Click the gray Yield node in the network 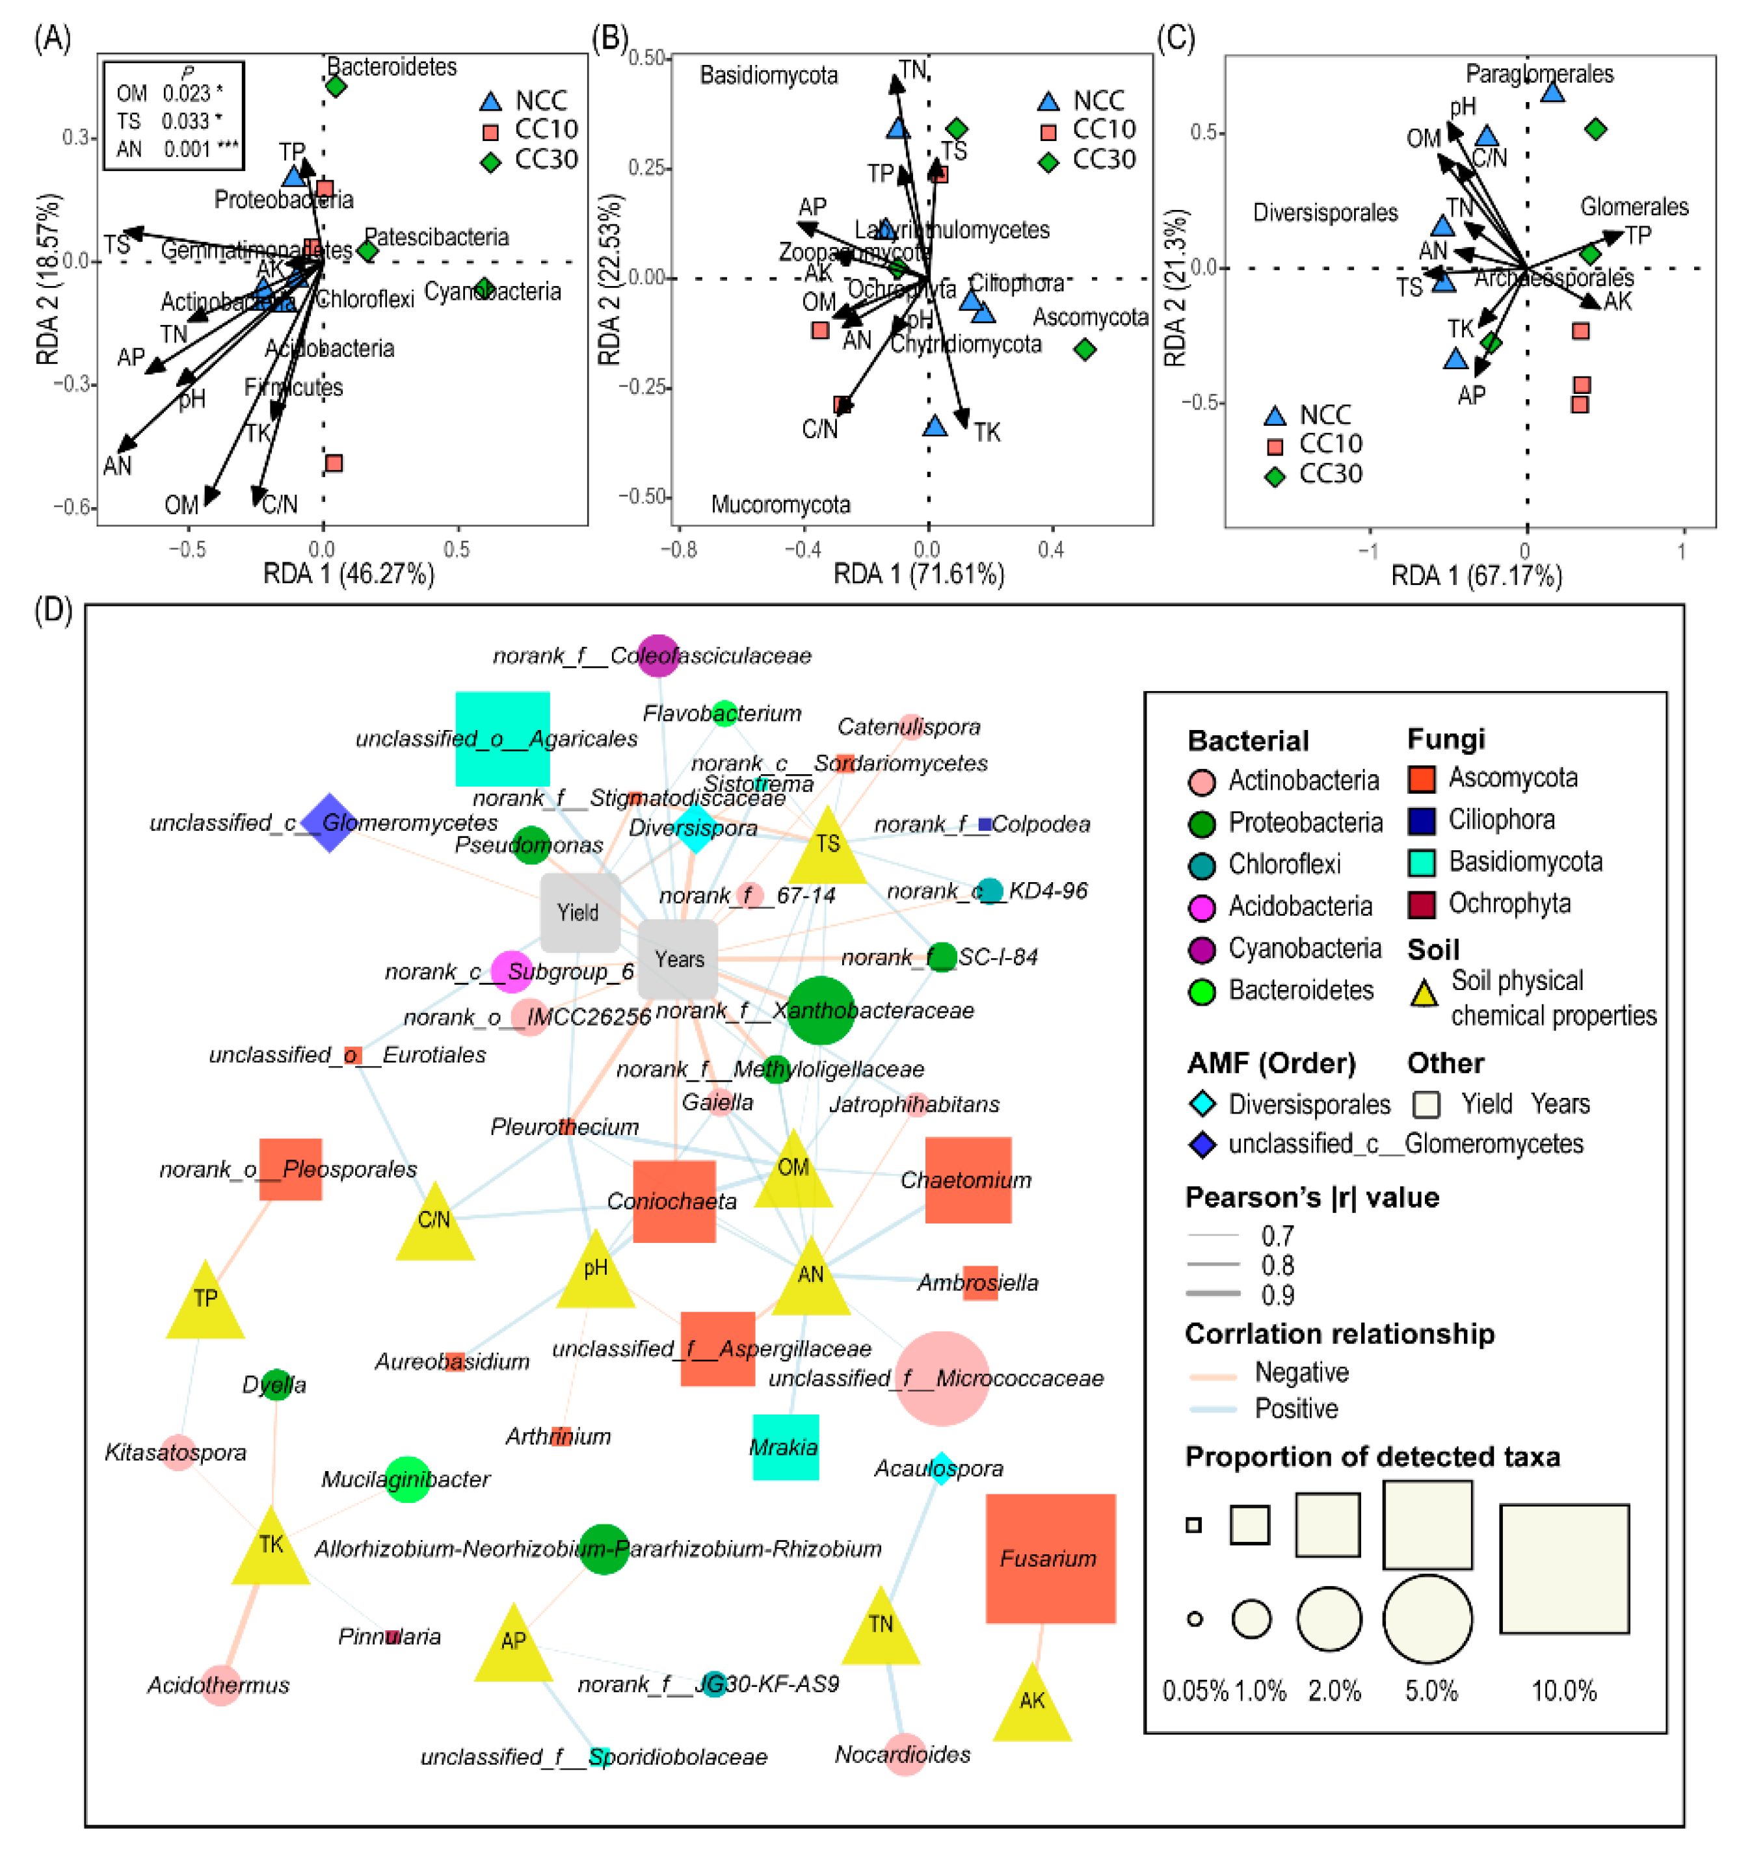[x=579, y=912]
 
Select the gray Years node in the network [x=678, y=959]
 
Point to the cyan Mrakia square [x=786, y=1447]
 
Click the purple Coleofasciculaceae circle [x=658, y=655]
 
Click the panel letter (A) [x=52, y=39]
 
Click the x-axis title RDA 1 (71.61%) [x=918, y=574]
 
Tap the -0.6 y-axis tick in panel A [x=73, y=507]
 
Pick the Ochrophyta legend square [x=1421, y=904]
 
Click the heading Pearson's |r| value [x=1311, y=1197]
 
